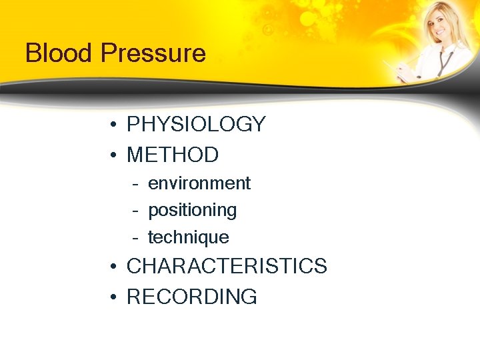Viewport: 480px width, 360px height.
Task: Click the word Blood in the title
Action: [x=56, y=53]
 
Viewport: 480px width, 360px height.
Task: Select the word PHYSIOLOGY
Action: [x=196, y=125]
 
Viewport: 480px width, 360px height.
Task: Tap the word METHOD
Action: [x=173, y=155]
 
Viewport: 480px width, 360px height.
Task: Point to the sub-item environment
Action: [x=199, y=183]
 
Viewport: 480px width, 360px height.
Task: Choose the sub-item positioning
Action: [x=192, y=211]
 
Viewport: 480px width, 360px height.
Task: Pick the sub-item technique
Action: [x=188, y=237]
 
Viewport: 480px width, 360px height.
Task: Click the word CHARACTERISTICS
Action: [x=227, y=267]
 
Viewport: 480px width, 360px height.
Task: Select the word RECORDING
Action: [x=191, y=297]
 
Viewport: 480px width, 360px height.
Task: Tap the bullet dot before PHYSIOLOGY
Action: [x=115, y=125]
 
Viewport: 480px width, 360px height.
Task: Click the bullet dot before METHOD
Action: [x=115, y=155]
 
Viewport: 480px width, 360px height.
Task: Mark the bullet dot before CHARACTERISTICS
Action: [x=115, y=267]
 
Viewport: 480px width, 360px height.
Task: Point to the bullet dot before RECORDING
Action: [x=115, y=297]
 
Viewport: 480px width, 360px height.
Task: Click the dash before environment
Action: [x=135, y=184]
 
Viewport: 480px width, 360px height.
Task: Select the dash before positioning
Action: [x=135, y=211]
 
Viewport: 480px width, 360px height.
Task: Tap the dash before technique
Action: [x=135, y=238]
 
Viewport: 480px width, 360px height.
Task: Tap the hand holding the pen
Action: [x=403, y=70]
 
